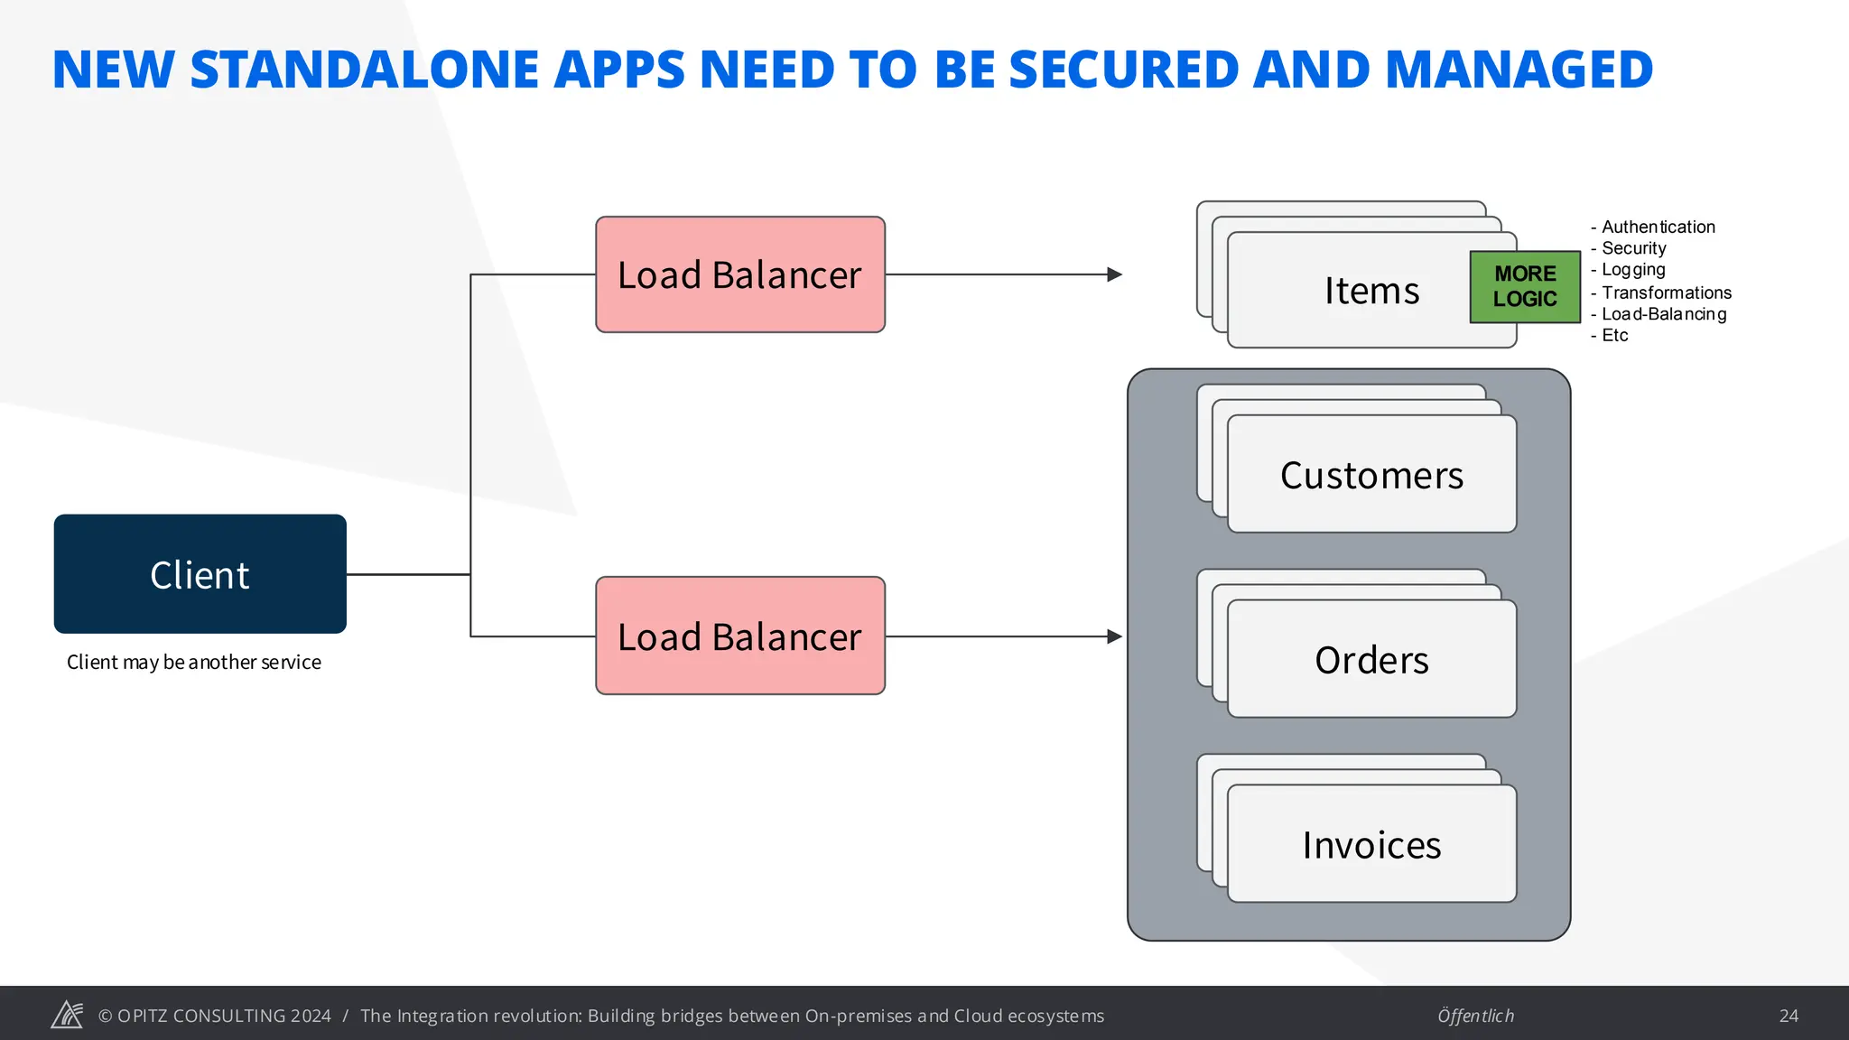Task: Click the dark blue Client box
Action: (x=200, y=574)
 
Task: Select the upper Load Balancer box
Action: (x=739, y=274)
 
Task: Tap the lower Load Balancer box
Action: (x=739, y=636)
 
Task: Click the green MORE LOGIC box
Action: (x=1525, y=286)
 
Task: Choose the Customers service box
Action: (x=1371, y=475)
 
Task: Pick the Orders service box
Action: (x=1371, y=660)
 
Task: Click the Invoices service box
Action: (x=1371, y=845)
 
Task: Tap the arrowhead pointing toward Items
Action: (x=1115, y=274)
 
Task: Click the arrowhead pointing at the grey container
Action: (x=1115, y=636)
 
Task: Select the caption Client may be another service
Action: (x=193, y=663)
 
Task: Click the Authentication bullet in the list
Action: (x=1658, y=227)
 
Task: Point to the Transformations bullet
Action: (x=1666, y=292)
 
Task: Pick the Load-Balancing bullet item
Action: (x=1663, y=314)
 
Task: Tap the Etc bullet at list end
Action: (x=1614, y=336)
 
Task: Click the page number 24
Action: (x=1789, y=1016)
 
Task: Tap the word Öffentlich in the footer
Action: (x=1475, y=1016)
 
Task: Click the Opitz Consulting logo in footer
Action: (x=67, y=1015)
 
